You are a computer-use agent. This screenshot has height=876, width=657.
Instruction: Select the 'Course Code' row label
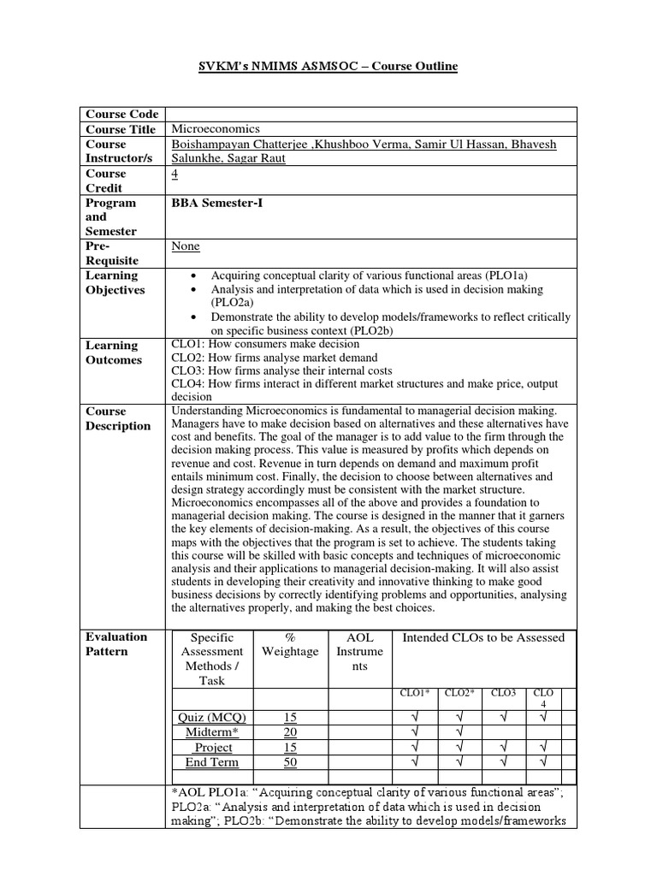121,114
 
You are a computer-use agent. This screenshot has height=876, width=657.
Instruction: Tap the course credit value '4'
175,174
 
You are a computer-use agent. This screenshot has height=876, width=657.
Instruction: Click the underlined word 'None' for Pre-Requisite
186,246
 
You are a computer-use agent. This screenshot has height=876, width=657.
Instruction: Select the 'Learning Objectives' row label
115,282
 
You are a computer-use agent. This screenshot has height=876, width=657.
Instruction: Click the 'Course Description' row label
118,418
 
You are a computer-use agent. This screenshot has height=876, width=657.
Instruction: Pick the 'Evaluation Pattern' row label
116,643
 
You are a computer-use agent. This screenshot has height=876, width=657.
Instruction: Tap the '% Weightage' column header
291,644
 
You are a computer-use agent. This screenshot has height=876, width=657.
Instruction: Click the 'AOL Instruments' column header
359,651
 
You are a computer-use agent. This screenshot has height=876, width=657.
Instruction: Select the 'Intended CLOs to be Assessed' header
483,637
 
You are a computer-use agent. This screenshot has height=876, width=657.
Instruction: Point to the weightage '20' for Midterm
291,731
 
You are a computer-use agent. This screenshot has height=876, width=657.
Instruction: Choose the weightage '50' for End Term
291,762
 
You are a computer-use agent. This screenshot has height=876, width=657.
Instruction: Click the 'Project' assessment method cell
213,747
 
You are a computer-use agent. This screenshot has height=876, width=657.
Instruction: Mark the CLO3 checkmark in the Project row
504,747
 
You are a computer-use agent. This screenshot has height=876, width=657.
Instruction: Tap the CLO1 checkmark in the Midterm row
415,731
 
